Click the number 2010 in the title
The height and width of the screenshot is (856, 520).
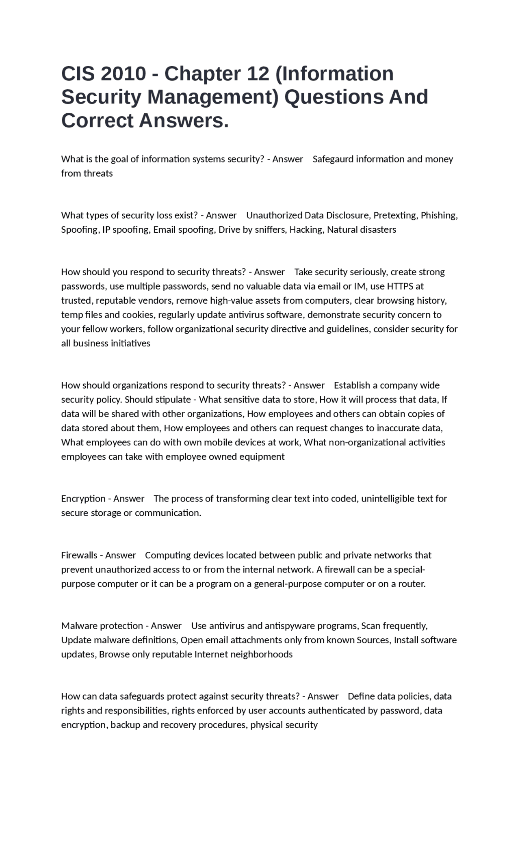(123, 74)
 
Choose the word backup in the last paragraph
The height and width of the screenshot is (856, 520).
(125, 725)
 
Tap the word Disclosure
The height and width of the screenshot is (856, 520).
(347, 215)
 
